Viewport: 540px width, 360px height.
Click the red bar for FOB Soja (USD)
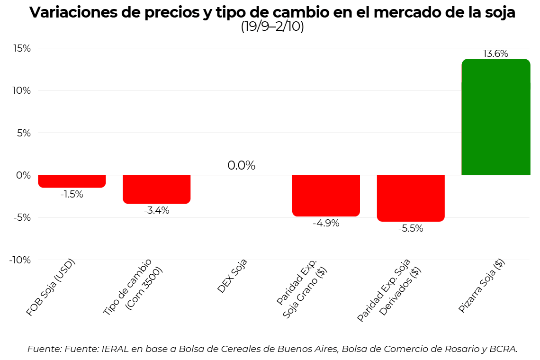click(72, 181)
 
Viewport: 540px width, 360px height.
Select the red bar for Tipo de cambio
click(156, 189)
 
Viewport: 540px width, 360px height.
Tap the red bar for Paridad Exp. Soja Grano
click(326, 195)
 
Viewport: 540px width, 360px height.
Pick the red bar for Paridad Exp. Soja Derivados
click(411, 198)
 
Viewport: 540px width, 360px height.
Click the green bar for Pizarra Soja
click(495, 117)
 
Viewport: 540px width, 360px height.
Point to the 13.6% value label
click(495, 54)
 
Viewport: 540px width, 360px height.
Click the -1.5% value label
click(72, 194)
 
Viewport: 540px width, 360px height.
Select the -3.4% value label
click(156, 210)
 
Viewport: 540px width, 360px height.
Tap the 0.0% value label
click(241, 165)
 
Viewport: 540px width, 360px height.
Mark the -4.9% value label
click(326, 223)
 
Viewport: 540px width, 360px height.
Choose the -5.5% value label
click(411, 228)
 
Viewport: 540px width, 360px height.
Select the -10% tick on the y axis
click(20, 260)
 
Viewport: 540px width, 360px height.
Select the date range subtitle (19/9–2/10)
click(272, 27)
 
